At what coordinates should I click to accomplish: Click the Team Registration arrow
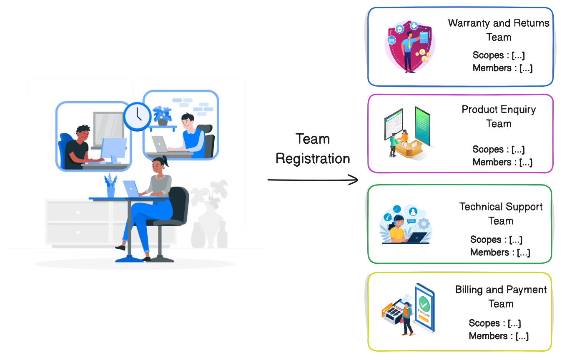coord(313,180)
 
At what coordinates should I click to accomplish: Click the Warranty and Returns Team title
coord(499,30)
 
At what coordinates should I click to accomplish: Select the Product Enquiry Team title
coord(499,117)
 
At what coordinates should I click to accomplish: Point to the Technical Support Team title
coord(501,214)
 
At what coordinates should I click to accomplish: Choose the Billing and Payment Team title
coord(501,297)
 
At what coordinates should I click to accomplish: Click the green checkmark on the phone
coord(424,301)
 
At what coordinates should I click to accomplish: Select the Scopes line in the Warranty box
coord(499,55)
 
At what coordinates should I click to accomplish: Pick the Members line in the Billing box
coord(499,336)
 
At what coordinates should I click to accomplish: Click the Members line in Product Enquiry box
coord(502,162)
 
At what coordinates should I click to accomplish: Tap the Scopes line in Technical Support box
coord(496,240)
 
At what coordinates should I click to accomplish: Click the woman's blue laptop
coord(132,189)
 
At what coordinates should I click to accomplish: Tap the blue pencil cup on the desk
coord(110,191)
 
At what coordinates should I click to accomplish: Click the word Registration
coord(313,159)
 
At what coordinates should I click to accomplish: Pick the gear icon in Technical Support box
coord(424,224)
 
